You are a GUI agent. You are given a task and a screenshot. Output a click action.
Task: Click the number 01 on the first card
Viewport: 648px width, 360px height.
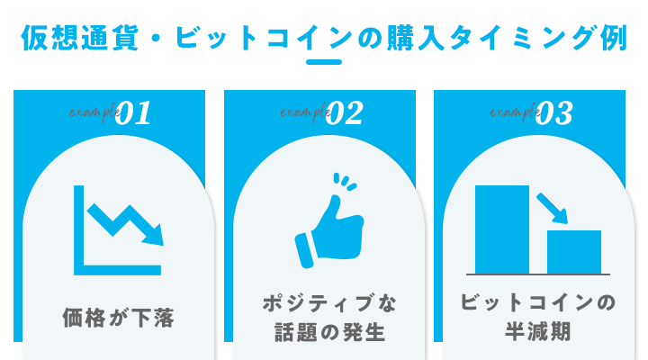click(x=134, y=113)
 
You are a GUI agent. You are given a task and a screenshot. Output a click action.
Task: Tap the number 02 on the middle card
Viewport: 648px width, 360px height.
click(x=345, y=113)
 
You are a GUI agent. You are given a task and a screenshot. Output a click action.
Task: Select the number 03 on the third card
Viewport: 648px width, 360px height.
click(x=554, y=113)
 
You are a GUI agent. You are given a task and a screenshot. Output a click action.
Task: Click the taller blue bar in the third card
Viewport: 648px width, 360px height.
click(x=502, y=228)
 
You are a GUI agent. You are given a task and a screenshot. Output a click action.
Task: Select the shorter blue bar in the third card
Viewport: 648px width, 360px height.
click(x=574, y=250)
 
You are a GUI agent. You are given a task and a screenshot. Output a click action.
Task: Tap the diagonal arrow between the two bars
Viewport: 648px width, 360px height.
click(x=552, y=207)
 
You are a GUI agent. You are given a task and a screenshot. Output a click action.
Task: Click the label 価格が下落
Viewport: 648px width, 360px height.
click(x=118, y=317)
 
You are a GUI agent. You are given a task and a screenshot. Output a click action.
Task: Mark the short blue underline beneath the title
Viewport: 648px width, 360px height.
click(x=324, y=62)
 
